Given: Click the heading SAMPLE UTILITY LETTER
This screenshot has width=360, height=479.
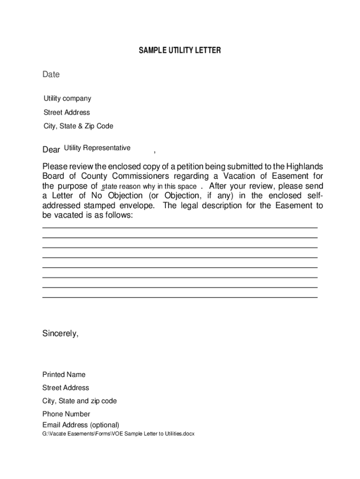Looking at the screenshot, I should click(180, 51).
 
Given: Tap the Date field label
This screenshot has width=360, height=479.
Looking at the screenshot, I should click(51, 74).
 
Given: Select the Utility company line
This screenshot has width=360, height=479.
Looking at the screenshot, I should click(67, 99).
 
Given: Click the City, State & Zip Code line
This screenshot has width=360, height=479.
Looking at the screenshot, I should click(78, 126).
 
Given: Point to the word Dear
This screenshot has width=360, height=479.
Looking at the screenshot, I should click(51, 150).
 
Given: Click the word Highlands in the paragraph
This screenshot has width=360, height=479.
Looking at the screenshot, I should click(304, 167).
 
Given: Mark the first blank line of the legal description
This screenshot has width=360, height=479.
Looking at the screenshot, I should click(180, 228).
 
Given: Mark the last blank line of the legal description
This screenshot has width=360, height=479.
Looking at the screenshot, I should click(180, 297).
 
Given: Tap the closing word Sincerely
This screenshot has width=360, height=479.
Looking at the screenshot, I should click(60, 334).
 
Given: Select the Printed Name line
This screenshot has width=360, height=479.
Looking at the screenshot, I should click(64, 375).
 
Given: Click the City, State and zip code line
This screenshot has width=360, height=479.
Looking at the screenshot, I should click(79, 401).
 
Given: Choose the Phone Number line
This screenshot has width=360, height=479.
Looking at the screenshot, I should click(66, 414).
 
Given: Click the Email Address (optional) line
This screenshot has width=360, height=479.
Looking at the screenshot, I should click(80, 425).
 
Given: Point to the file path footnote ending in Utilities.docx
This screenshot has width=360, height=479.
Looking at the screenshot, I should click(118, 434).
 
